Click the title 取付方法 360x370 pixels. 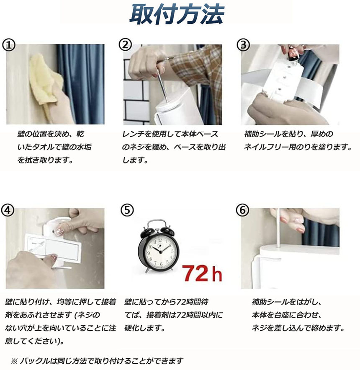coord(177,15)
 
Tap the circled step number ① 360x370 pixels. coord(8,45)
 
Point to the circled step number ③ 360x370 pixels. coord(243,44)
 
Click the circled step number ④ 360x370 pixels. coord(8,210)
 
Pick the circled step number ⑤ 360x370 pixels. coord(127,210)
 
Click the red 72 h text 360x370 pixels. coord(202,274)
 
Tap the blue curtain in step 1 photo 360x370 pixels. coord(81,84)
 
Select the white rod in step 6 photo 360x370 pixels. coord(279,228)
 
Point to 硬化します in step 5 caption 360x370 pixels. coord(144,328)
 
